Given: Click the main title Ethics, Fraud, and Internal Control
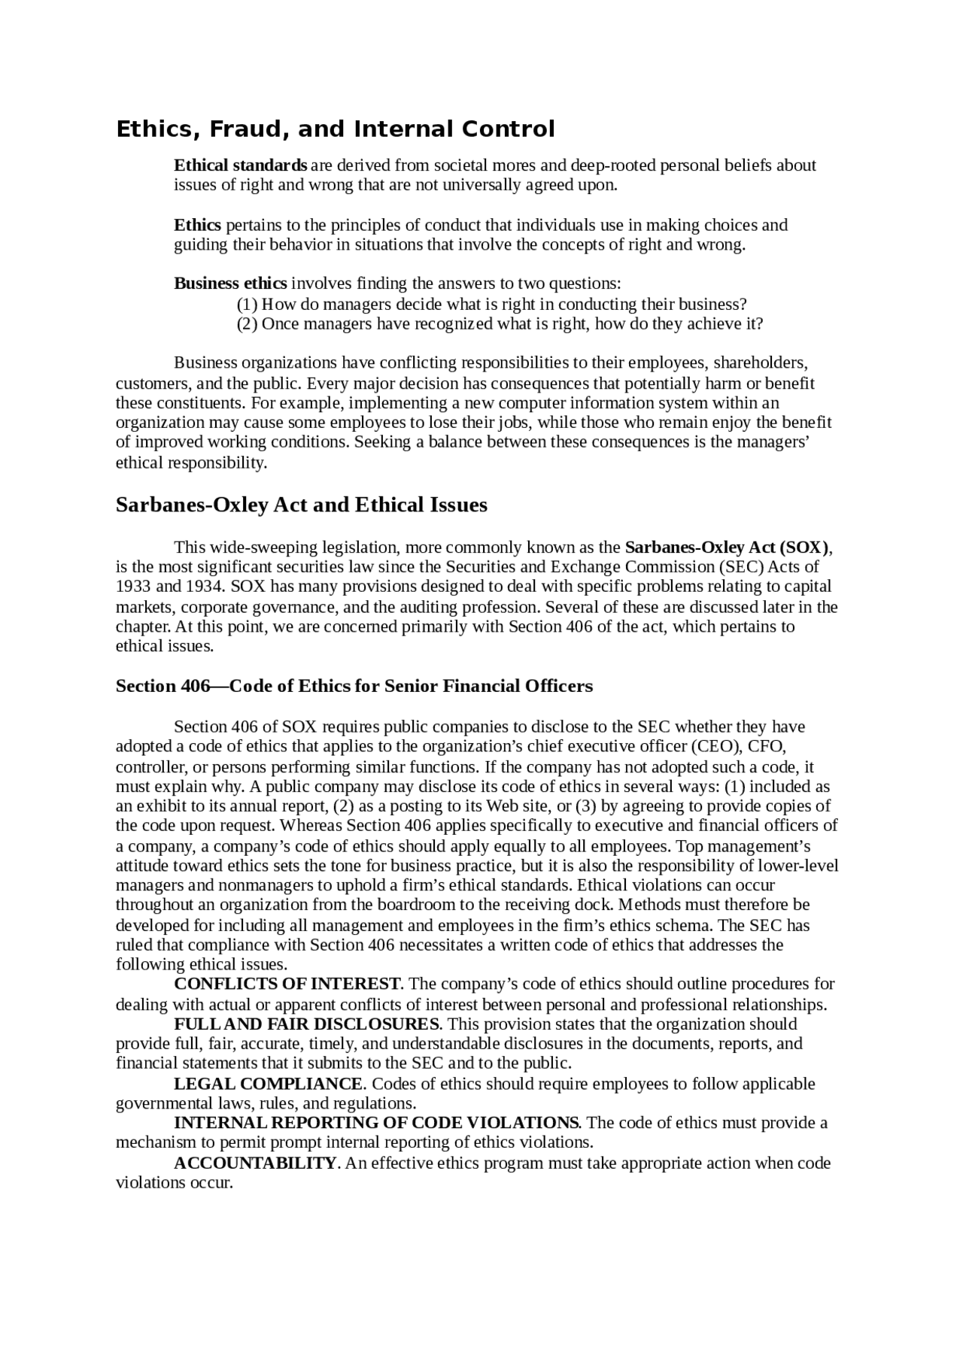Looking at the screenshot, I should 335,129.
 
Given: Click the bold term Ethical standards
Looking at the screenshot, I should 240,165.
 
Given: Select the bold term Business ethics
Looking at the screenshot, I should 230,284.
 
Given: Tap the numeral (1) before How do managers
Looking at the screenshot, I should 248,305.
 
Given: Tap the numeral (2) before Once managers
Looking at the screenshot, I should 248,324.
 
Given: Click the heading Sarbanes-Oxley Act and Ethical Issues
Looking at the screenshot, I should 301,505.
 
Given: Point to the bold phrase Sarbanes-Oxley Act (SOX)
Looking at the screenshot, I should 727,547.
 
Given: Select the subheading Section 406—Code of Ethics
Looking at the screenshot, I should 354,686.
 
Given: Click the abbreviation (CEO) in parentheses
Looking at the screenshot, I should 716,747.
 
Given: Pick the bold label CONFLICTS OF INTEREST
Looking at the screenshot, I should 287,984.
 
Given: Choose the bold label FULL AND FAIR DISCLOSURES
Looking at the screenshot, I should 307,1024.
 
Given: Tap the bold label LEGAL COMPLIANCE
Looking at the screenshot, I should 269,1084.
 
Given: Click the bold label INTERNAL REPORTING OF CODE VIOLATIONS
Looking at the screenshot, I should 376,1123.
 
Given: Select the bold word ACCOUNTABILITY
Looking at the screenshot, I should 255,1163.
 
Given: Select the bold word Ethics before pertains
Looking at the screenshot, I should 197,225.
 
